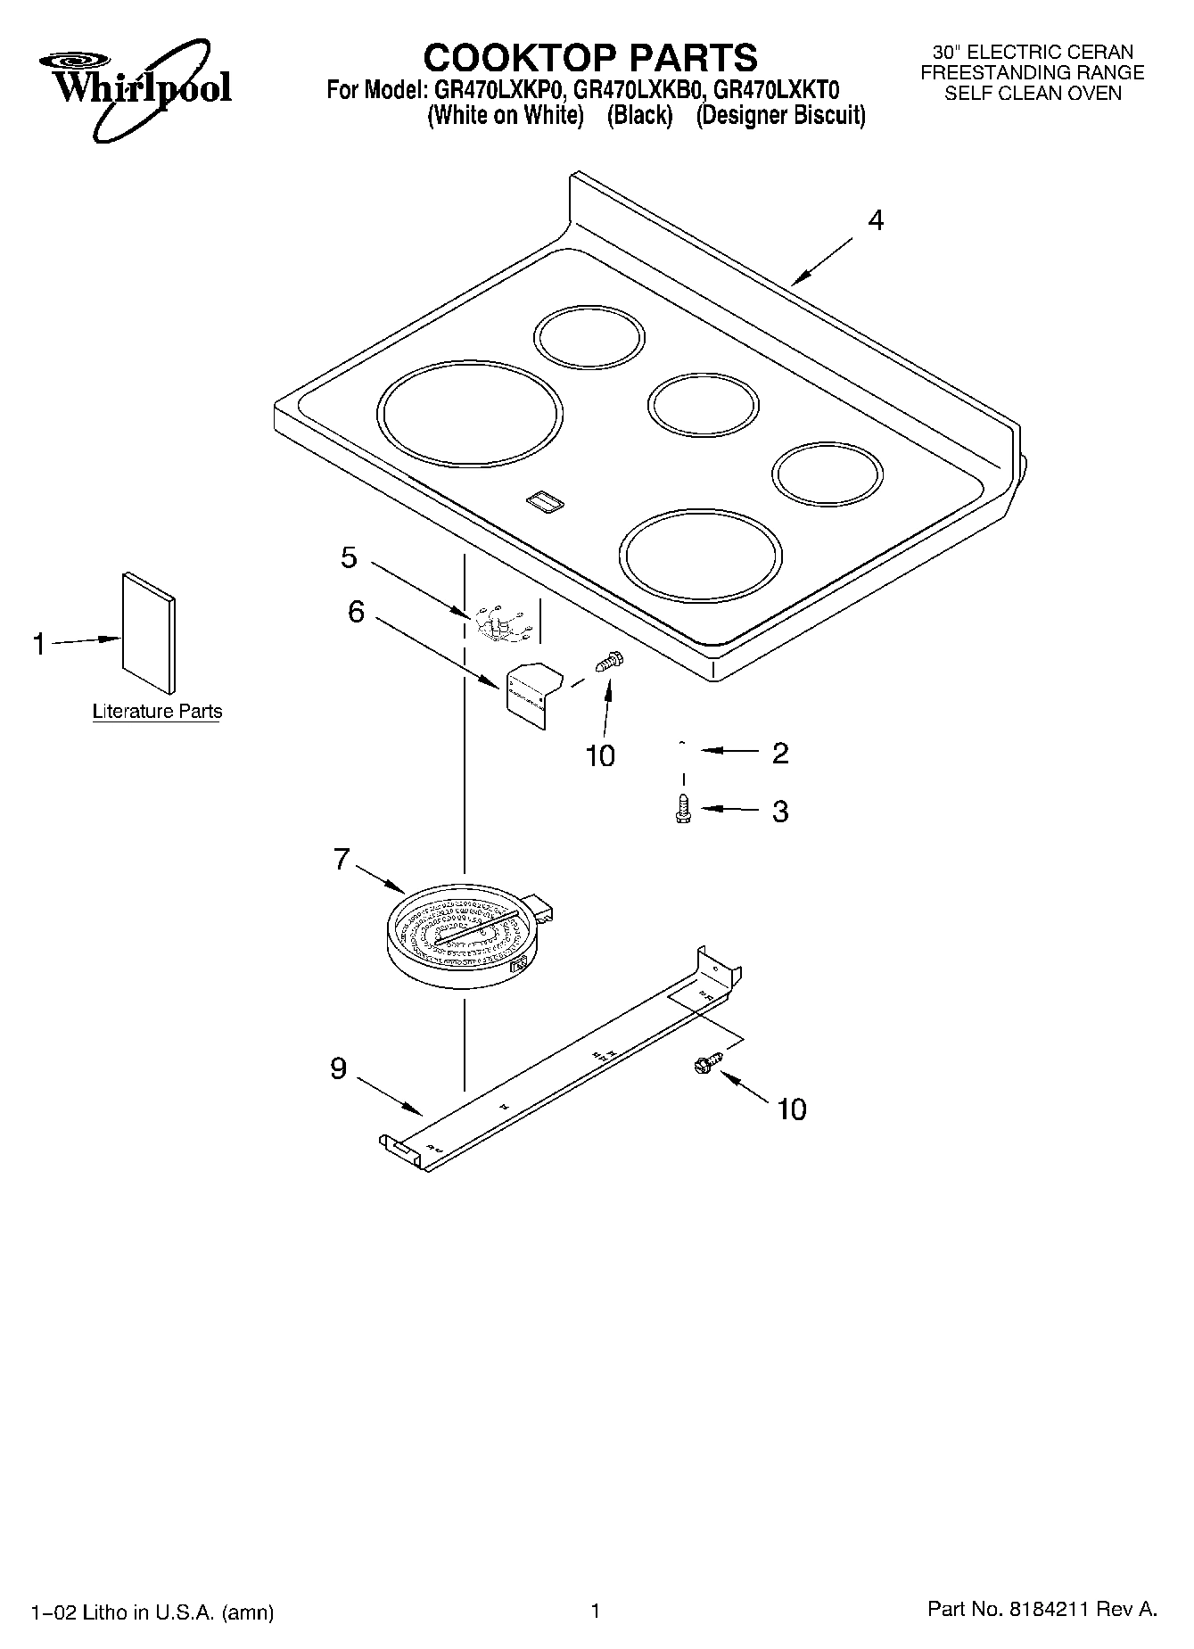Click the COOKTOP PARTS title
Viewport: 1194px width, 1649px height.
click(589, 58)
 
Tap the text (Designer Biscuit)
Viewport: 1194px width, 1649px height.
click(780, 116)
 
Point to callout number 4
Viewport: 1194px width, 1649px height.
click(876, 220)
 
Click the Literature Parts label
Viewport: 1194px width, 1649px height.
click(157, 712)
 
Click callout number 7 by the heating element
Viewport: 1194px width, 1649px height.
click(342, 859)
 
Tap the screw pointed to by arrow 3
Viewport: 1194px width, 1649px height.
click(683, 809)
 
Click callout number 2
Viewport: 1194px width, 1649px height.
click(779, 753)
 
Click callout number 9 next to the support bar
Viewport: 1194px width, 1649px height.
click(338, 1068)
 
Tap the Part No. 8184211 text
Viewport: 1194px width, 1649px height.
click(1042, 1609)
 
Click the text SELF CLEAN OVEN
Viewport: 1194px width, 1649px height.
click(1033, 94)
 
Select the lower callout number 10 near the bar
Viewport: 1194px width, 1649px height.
click(791, 1109)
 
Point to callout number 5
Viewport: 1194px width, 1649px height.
click(349, 557)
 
